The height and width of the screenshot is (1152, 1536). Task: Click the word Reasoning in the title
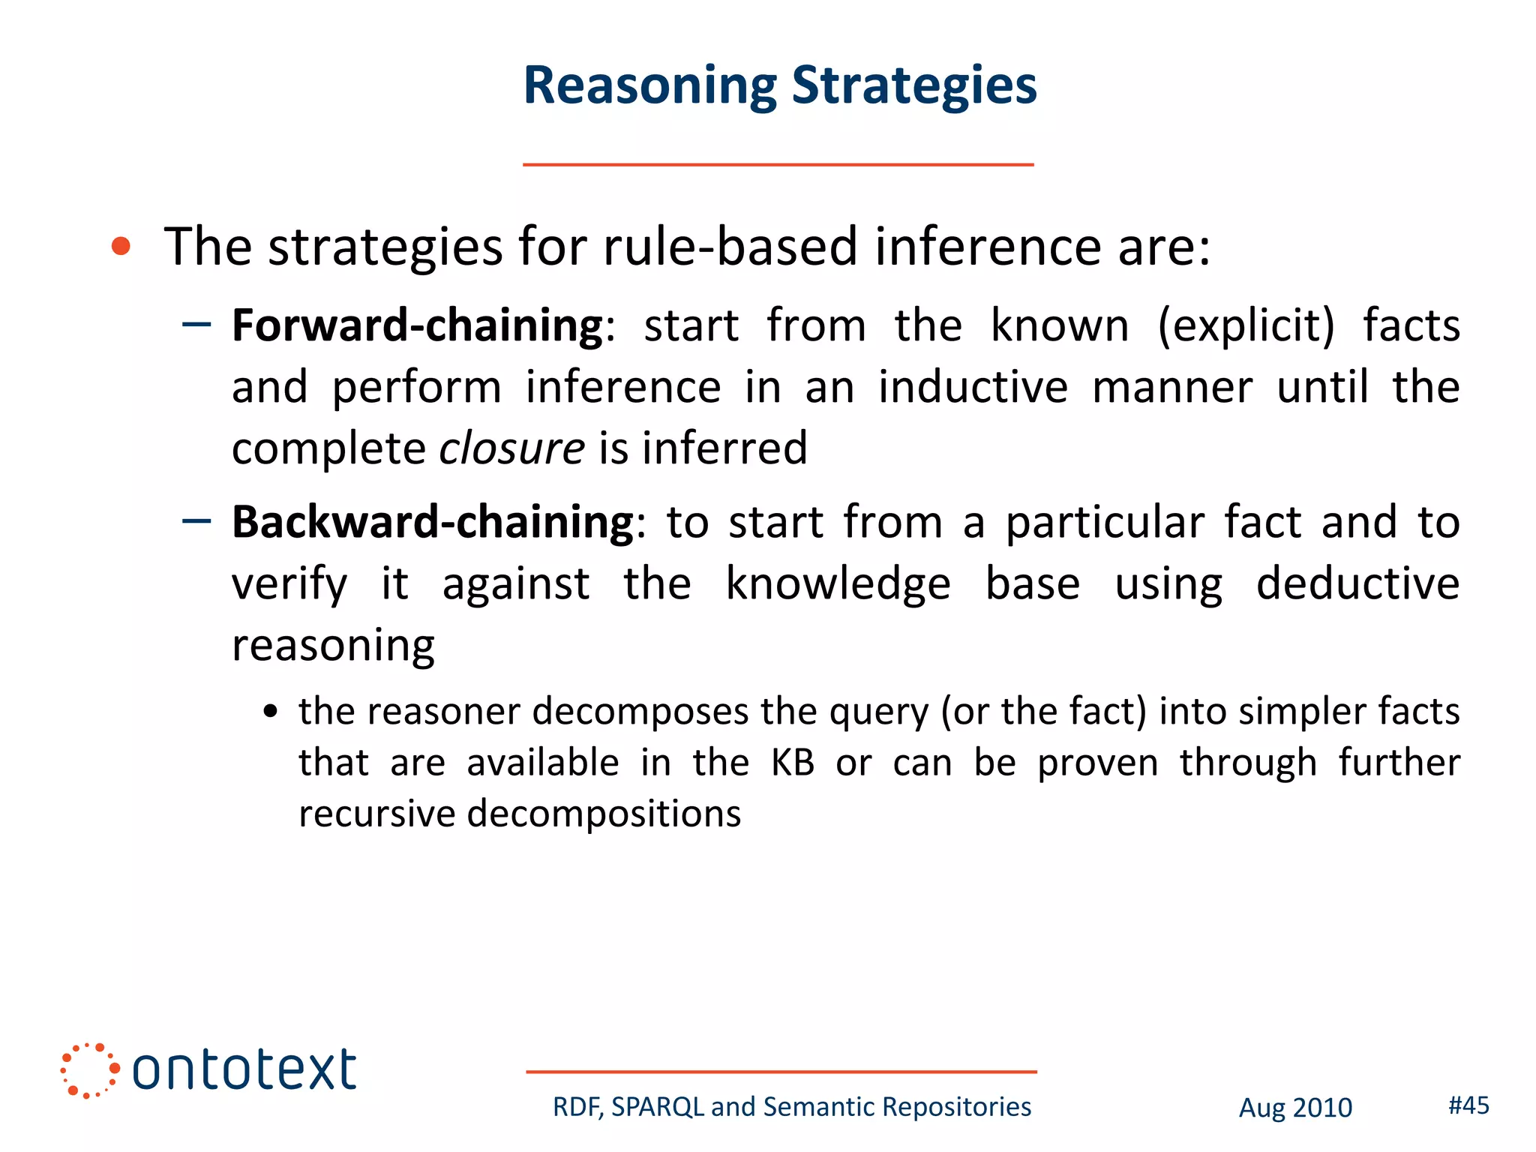pos(649,86)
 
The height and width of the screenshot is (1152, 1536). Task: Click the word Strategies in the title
pos(914,86)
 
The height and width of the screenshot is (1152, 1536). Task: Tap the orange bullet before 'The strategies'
pos(121,246)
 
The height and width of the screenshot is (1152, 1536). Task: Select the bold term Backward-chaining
pos(433,522)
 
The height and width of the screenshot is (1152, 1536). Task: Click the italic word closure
pos(511,448)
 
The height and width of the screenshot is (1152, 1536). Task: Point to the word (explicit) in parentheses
pos(1246,325)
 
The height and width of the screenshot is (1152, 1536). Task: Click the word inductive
pos(973,387)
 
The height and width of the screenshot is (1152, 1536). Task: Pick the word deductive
pos(1357,583)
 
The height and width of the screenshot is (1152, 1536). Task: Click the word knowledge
pos(838,583)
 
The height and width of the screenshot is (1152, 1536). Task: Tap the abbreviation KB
pos(793,763)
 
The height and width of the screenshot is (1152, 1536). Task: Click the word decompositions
pos(604,814)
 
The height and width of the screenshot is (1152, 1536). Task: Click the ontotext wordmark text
pos(244,1069)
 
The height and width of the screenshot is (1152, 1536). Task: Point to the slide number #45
pos(1468,1105)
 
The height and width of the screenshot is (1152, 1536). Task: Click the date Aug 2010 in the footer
pos(1295,1108)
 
